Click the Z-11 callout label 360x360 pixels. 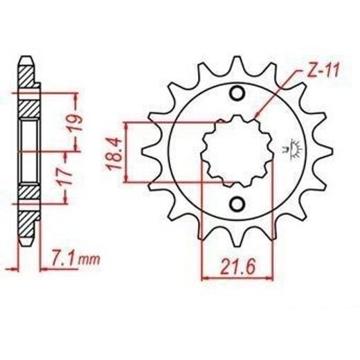pos(323,71)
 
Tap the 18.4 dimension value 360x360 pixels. pos(115,154)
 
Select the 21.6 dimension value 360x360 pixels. pos(238,267)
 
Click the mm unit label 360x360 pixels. pos(89,260)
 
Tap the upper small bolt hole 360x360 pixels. pos(237,93)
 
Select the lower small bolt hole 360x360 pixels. pos(237,204)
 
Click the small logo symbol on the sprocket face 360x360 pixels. pos(293,150)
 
